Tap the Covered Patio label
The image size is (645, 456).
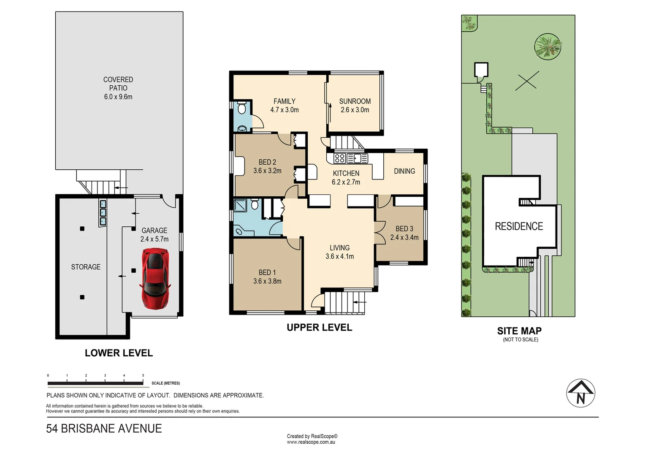coord(118,84)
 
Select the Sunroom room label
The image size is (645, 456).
coord(355,101)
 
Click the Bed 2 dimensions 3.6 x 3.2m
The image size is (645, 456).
coord(267,171)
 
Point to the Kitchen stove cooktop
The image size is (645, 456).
coord(340,158)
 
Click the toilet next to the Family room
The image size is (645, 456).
coord(241,109)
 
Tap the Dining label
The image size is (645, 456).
coord(404,171)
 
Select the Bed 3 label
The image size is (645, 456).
coord(404,229)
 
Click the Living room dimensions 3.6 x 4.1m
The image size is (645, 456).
coord(340,256)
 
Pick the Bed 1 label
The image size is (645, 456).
coord(267,273)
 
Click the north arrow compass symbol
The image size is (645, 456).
coord(580,393)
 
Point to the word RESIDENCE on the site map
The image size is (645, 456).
coord(519,227)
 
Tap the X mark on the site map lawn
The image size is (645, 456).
coord(527,80)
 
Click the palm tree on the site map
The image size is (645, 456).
coord(548,46)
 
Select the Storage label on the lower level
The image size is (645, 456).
coord(86,267)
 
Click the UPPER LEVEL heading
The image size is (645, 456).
coord(319,328)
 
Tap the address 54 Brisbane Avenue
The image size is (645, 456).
coord(104,429)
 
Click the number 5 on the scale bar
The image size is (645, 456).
coord(143,375)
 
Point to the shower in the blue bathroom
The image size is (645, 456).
coord(241,205)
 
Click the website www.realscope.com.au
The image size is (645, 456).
coord(311,442)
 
